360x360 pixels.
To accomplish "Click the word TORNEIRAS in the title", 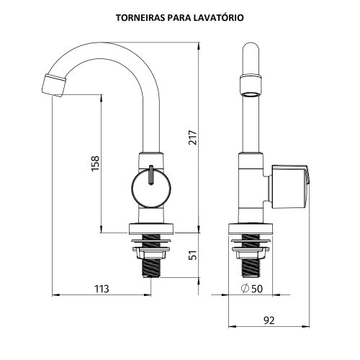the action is (x=140, y=18).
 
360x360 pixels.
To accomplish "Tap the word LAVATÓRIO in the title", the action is (x=219, y=17).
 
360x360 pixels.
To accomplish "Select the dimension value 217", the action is (x=193, y=138).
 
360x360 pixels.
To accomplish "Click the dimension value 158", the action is (x=95, y=163).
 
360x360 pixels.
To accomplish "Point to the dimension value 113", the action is (x=102, y=289).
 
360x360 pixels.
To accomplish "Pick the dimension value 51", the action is (x=193, y=255).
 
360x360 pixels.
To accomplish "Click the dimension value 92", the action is (x=269, y=320).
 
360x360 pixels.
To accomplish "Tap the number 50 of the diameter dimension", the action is (x=257, y=289).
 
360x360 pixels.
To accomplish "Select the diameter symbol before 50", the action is (x=245, y=288).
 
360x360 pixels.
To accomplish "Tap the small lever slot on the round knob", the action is (x=151, y=175).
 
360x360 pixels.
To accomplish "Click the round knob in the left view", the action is (x=151, y=188).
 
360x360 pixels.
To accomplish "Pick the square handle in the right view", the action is (x=289, y=187).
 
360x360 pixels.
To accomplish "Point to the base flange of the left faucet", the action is (x=151, y=229).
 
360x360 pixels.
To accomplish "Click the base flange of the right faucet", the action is (x=251, y=229).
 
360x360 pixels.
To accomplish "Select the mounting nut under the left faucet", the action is (x=151, y=253).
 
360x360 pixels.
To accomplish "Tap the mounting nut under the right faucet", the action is (x=251, y=253).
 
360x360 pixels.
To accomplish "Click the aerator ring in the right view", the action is (x=251, y=86).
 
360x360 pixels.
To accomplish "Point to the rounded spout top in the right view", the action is (x=251, y=48).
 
